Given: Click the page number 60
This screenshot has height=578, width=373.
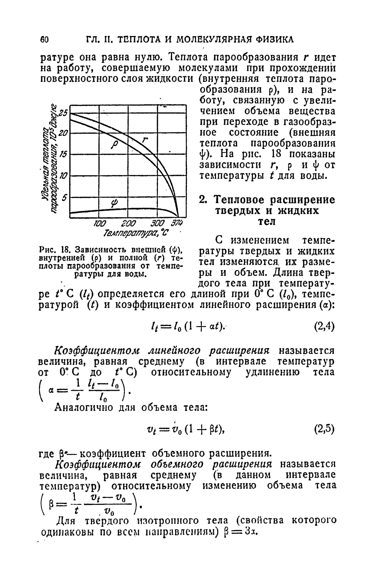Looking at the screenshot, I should (x=44, y=40).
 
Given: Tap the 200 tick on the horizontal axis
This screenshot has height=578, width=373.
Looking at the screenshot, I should (x=128, y=224).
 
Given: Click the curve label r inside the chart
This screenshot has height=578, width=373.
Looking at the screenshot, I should (x=145, y=140).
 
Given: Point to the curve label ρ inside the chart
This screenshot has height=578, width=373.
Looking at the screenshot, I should (x=114, y=145).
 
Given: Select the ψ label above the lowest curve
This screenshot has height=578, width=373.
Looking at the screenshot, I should (x=114, y=203).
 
